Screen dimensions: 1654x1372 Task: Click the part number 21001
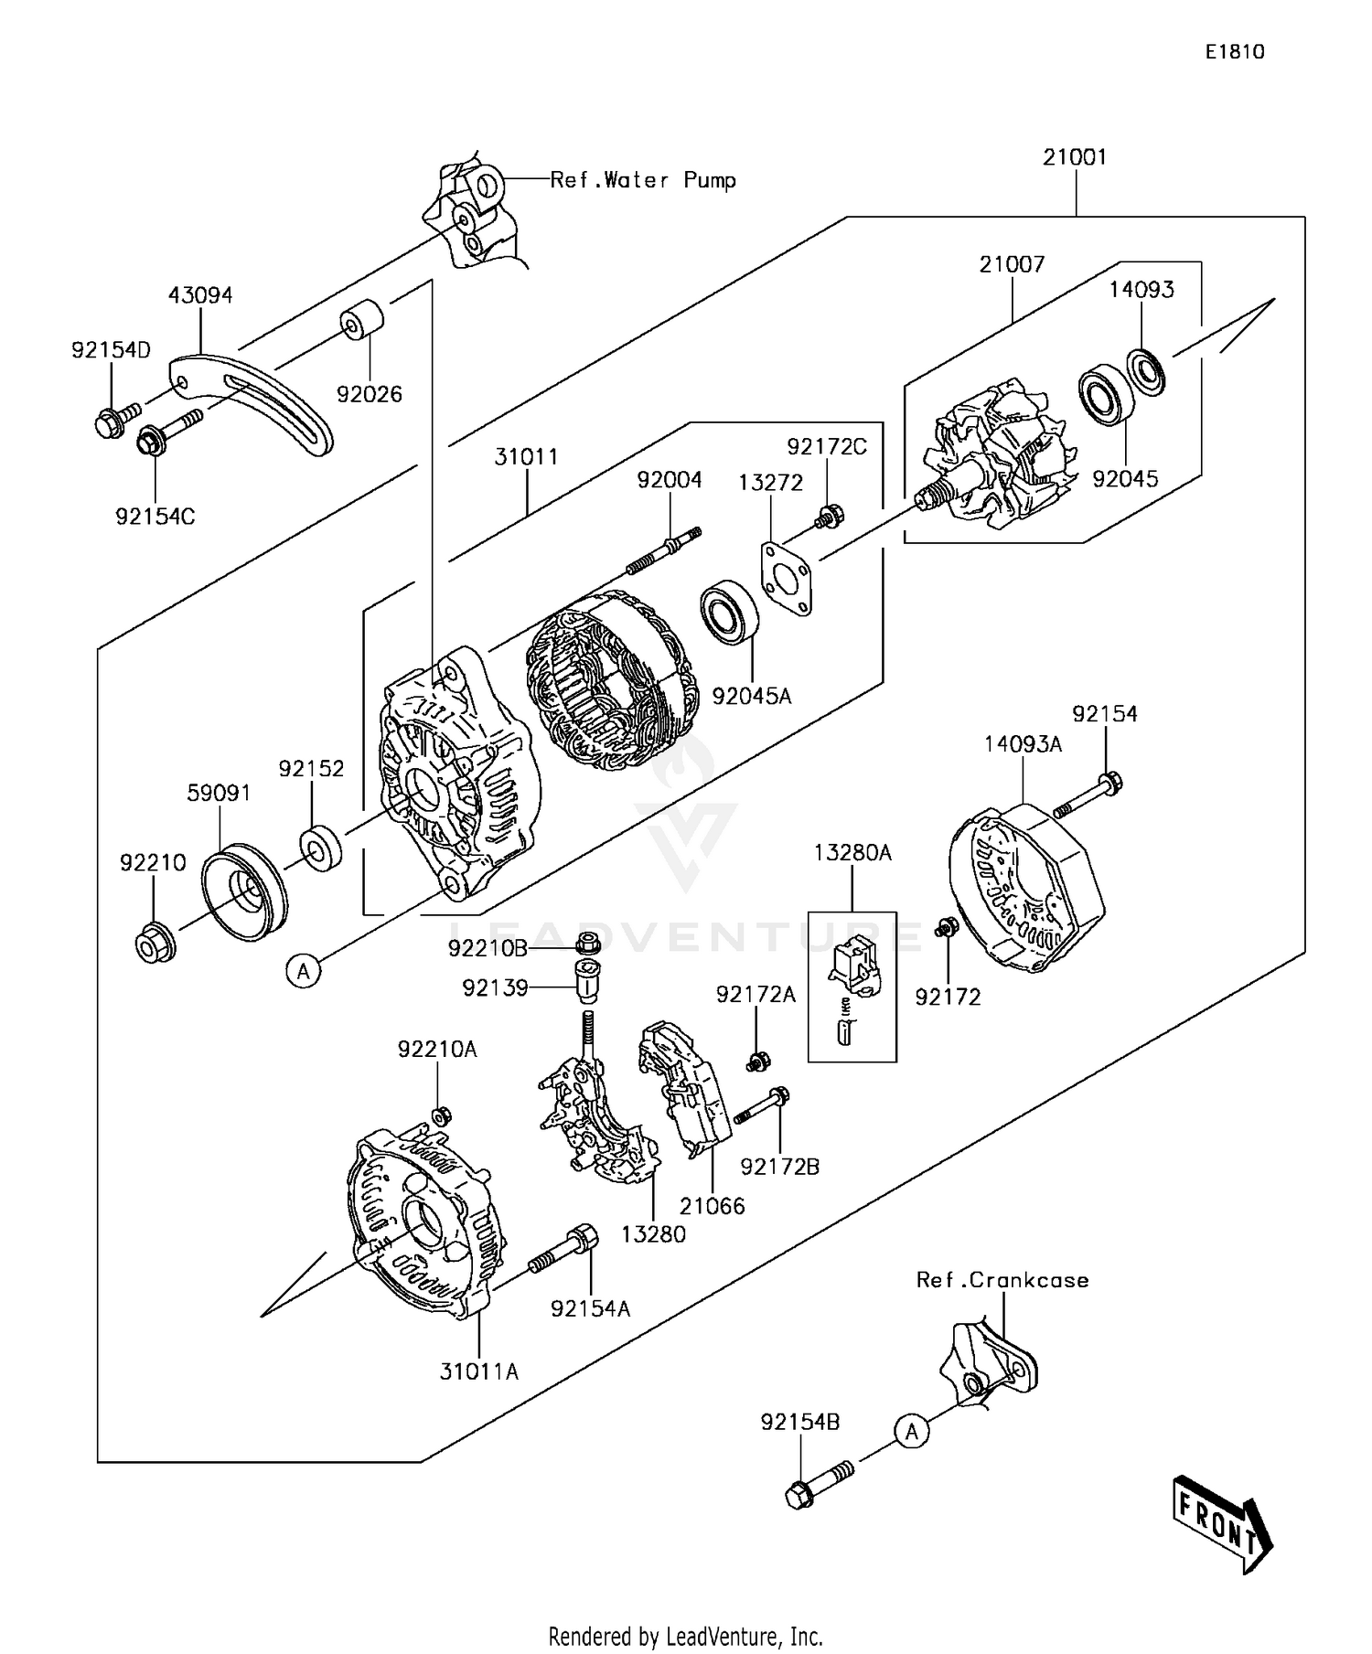tap(1075, 157)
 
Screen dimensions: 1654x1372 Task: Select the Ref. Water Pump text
tap(643, 180)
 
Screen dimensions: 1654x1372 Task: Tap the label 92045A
tap(751, 697)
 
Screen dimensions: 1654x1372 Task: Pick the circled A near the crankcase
tap(911, 1430)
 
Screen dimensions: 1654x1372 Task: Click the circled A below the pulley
tap(304, 970)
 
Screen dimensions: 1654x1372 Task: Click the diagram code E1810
tap(1234, 52)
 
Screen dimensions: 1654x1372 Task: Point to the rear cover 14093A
tap(1024, 887)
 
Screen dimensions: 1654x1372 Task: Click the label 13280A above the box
tap(852, 853)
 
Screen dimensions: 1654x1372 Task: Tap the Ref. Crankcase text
tap(1002, 1280)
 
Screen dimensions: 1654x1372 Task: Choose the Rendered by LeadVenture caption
tap(685, 1636)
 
